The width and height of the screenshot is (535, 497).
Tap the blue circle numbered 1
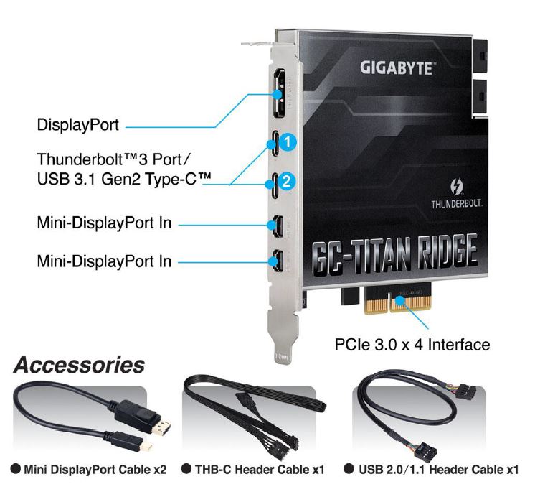click(x=288, y=141)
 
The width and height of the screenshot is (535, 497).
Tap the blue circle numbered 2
click(x=287, y=180)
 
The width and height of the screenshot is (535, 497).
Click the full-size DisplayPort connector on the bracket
click(x=280, y=93)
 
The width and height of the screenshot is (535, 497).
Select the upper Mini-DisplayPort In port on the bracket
click(x=277, y=226)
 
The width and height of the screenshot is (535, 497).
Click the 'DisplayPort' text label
click(x=77, y=125)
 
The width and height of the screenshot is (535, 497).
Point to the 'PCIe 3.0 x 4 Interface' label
click(x=412, y=345)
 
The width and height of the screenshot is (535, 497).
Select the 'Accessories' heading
click(x=79, y=365)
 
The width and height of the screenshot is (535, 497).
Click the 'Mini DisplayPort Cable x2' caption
click(x=95, y=470)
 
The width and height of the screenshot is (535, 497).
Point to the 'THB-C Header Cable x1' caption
click(x=260, y=470)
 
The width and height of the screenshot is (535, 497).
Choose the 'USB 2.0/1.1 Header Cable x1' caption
click(x=438, y=470)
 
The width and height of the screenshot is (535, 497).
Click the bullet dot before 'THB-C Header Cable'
click(x=186, y=468)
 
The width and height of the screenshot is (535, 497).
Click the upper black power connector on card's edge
click(x=480, y=55)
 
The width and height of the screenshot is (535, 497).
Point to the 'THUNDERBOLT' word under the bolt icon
click(x=457, y=204)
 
